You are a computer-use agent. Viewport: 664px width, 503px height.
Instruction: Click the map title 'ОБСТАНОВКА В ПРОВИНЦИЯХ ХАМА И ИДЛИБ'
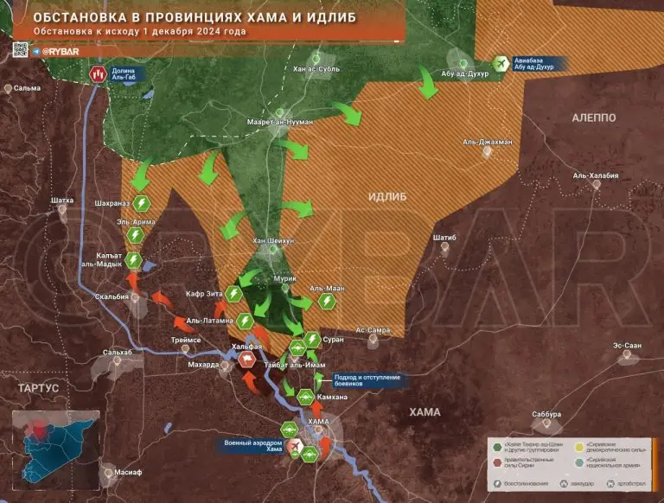(182, 16)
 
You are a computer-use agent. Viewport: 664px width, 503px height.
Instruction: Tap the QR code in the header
(20, 50)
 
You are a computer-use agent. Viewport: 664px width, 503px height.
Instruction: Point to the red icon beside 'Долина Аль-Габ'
(96, 73)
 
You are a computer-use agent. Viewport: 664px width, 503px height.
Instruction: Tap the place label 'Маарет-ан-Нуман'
(279, 123)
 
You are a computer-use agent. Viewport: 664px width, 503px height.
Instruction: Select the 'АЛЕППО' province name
(594, 117)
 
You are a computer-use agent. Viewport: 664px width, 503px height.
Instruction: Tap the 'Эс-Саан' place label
(628, 346)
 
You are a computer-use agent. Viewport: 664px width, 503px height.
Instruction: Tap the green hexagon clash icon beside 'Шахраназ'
(141, 203)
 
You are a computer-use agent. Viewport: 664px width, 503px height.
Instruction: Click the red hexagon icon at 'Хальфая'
(246, 361)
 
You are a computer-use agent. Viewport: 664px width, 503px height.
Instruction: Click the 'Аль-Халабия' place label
(596, 176)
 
